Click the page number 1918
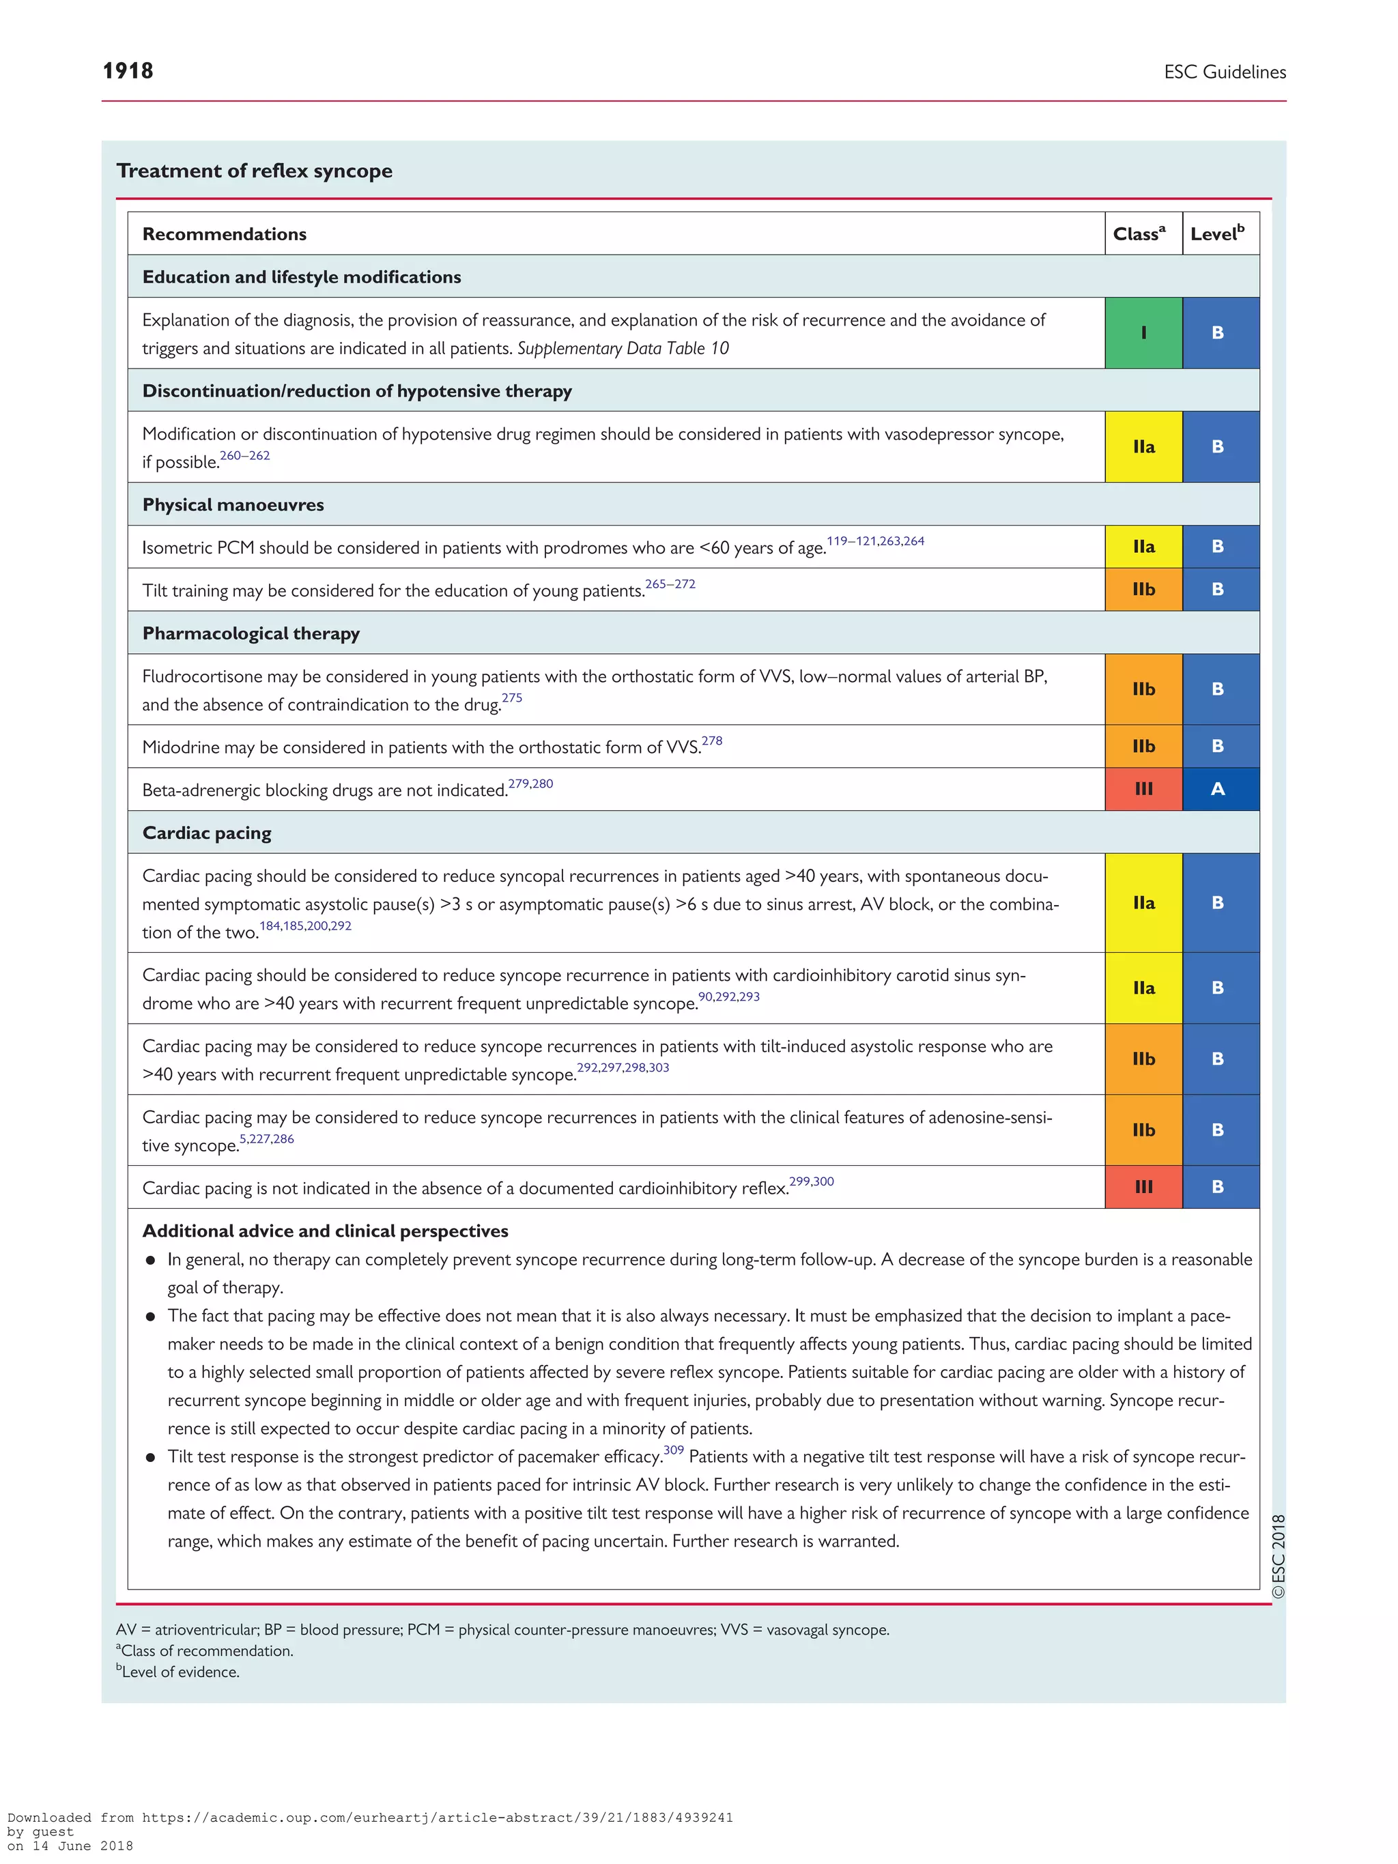coord(128,71)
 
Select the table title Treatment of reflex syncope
coord(255,171)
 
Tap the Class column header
coord(1139,234)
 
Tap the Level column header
coord(1217,234)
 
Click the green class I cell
coord(1143,333)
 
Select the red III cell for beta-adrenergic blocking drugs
coord(1143,790)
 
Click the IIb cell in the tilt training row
coord(1143,590)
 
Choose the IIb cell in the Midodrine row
coord(1143,747)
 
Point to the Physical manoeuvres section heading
coord(233,505)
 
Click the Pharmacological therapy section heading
coord(251,633)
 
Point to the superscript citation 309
coord(673,1450)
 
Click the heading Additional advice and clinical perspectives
coord(326,1231)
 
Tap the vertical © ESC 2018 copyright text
coord(1279,1555)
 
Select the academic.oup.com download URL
coord(436,1818)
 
